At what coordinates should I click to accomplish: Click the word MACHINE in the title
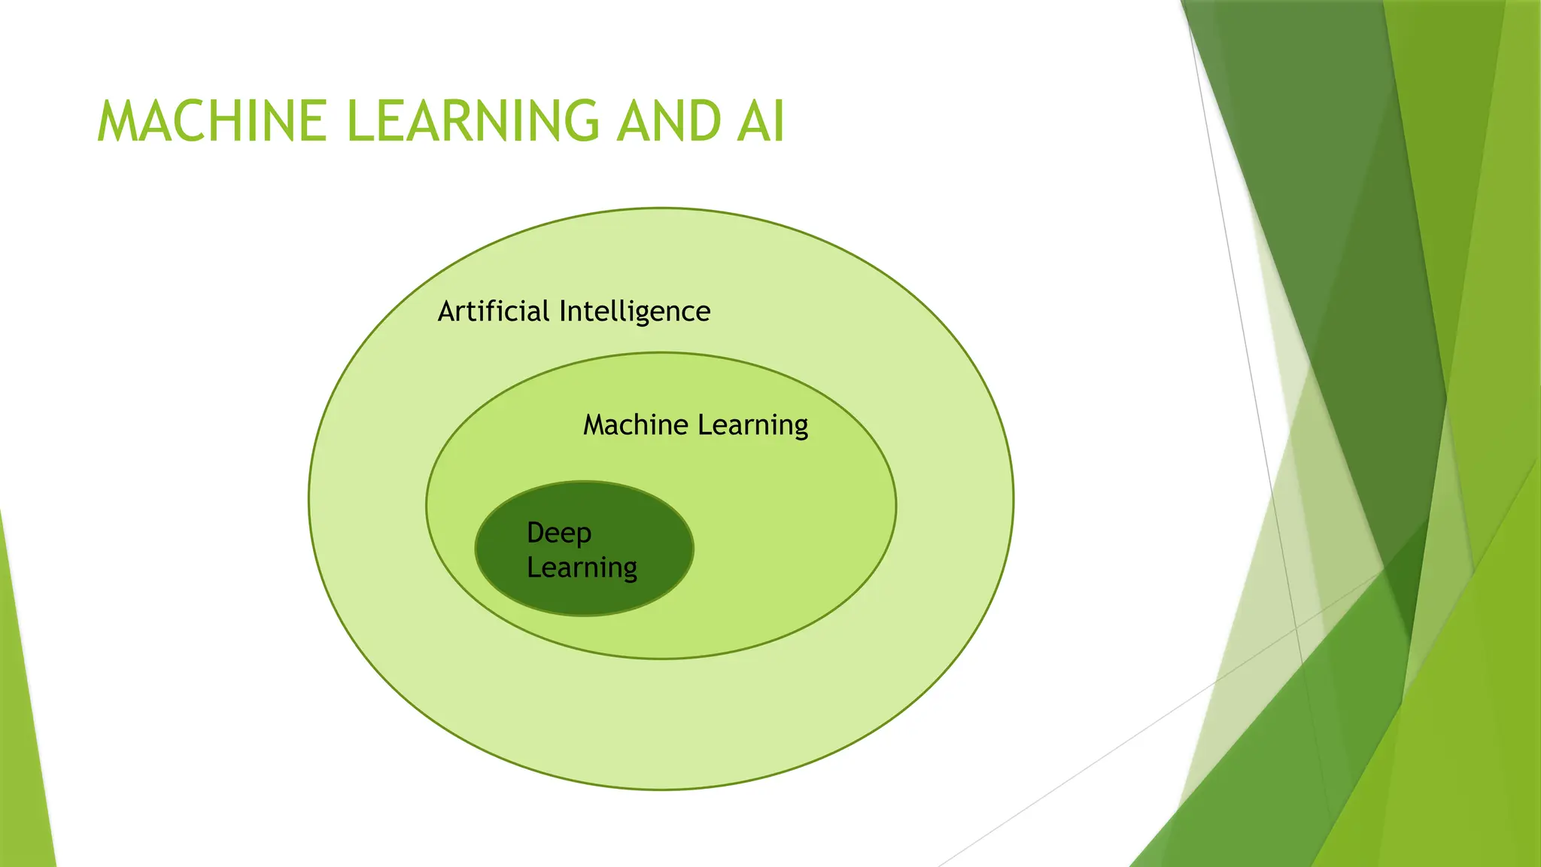pos(212,121)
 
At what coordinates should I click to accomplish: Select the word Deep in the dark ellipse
pos(559,534)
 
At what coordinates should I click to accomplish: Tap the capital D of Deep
pos(536,533)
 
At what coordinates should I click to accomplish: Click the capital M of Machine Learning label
pos(596,425)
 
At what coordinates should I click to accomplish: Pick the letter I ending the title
pos(779,121)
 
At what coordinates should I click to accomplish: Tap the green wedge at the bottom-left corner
pos(23,753)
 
